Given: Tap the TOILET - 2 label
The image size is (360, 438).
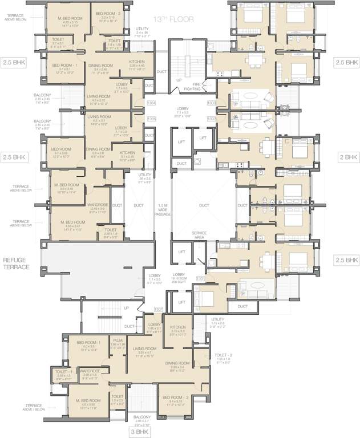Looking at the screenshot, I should click(x=224, y=354).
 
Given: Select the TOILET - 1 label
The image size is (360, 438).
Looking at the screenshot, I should click(x=63, y=371).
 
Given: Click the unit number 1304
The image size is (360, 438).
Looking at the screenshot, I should click(x=151, y=103).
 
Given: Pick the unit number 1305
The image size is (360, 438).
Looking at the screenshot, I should click(x=151, y=119).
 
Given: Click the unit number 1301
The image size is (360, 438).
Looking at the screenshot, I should click(x=200, y=278).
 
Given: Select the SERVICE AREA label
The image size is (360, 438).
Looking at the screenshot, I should click(x=199, y=234).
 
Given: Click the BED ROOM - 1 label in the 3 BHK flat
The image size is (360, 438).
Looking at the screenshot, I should click(x=88, y=342).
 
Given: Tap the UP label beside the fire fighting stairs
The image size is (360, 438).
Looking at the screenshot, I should click(x=179, y=80).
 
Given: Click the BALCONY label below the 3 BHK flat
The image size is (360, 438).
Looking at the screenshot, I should click(x=142, y=418).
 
